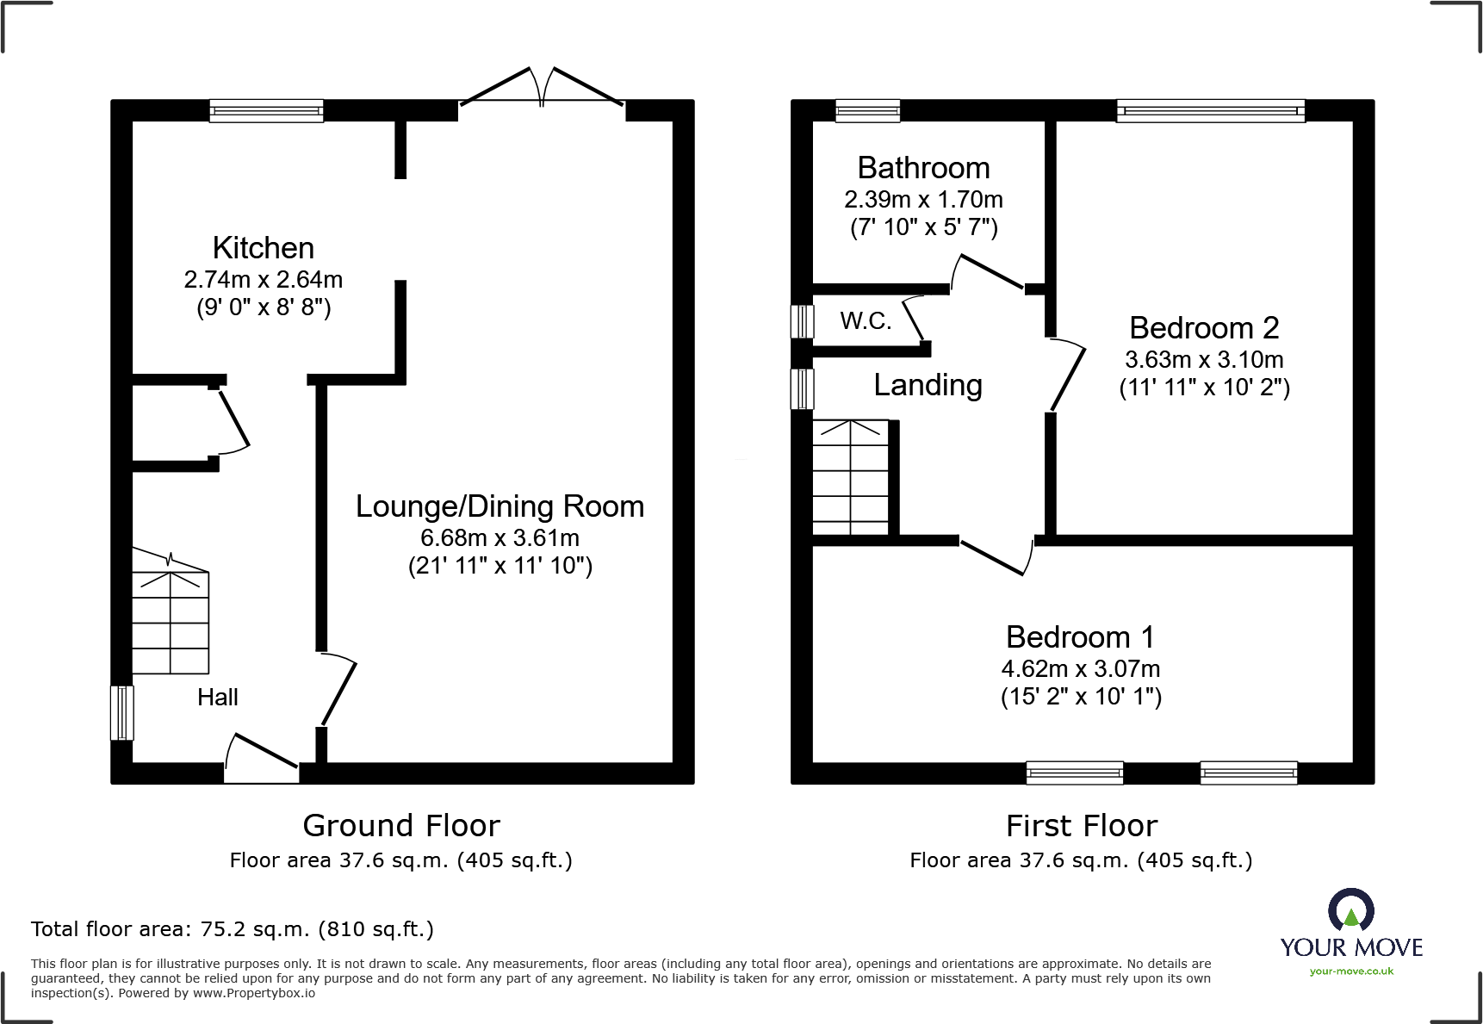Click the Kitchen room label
(x=263, y=248)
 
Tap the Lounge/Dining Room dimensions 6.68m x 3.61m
(x=500, y=538)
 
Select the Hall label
(x=217, y=698)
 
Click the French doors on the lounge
(x=541, y=90)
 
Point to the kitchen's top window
(x=266, y=110)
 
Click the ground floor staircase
(x=171, y=620)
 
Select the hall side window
(x=122, y=712)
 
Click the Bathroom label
(x=923, y=168)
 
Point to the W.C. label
(x=866, y=321)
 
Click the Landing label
(x=928, y=385)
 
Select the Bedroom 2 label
(x=1204, y=328)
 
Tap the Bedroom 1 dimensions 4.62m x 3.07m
(x=1080, y=669)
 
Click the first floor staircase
(x=850, y=478)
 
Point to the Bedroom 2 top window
(x=1210, y=110)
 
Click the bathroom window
(x=867, y=110)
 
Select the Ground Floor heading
(x=401, y=826)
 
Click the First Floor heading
(x=1081, y=826)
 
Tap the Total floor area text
(x=233, y=929)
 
